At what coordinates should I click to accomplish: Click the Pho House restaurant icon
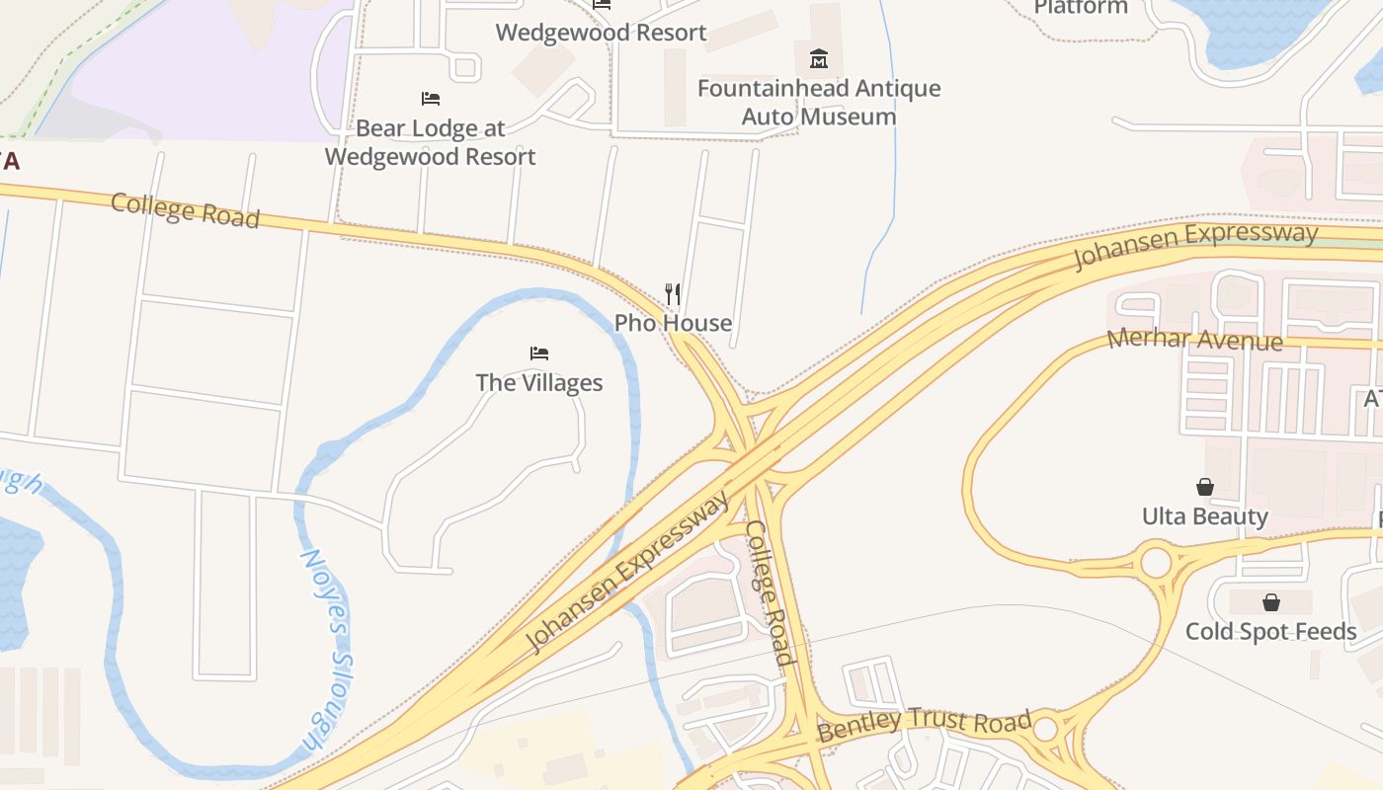[x=673, y=293]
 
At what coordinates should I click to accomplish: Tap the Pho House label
[x=673, y=323]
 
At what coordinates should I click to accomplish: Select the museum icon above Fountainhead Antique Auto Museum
[x=819, y=59]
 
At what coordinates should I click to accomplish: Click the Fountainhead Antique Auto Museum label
[x=819, y=103]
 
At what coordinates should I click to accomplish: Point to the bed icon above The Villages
[x=539, y=354]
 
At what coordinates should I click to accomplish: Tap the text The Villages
[x=539, y=382]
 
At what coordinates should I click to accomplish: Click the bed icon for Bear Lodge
[x=431, y=99]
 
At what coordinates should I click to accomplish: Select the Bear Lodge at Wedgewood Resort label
[x=431, y=142]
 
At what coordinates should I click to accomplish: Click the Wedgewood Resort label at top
[x=601, y=33]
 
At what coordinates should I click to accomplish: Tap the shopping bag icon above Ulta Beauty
[x=1205, y=487]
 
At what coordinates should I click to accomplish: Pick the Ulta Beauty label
[x=1205, y=516]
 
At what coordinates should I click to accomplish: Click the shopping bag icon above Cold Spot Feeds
[x=1271, y=602]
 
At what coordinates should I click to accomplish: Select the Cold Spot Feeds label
[x=1271, y=631]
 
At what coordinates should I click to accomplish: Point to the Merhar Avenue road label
[x=1194, y=341]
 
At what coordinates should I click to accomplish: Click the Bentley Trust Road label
[x=925, y=726]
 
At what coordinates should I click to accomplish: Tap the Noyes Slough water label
[x=327, y=650]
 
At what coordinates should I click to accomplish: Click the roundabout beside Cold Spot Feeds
[x=1156, y=563]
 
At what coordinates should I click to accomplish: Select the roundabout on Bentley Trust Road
[x=1046, y=730]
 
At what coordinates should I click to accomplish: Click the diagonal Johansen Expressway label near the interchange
[x=628, y=573]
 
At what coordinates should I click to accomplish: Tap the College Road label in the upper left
[x=185, y=210]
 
